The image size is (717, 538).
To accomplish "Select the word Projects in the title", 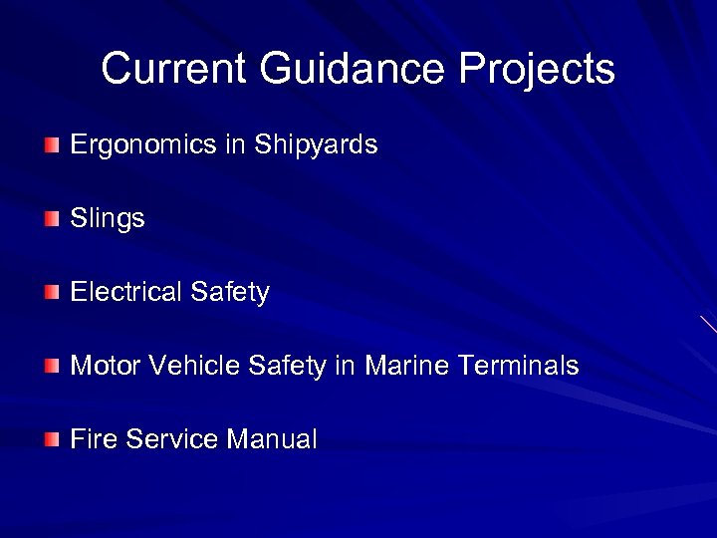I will point(537,69).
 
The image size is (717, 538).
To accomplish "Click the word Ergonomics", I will point(143,145).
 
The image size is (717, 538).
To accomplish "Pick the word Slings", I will point(108,219).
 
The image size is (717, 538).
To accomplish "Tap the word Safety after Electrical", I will point(229,292).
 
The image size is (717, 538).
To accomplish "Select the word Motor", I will point(106,366).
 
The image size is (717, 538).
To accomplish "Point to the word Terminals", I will point(518,366).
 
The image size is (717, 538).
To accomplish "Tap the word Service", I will point(170,438).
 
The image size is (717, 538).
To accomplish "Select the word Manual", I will point(272,438).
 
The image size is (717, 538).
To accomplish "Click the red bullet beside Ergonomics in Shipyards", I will point(52,146).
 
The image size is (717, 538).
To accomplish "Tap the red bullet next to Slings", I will point(52,219).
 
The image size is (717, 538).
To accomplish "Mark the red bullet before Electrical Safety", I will point(52,293).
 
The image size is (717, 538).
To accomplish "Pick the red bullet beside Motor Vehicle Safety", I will point(52,366).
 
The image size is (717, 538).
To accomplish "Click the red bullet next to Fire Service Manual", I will point(52,439).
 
